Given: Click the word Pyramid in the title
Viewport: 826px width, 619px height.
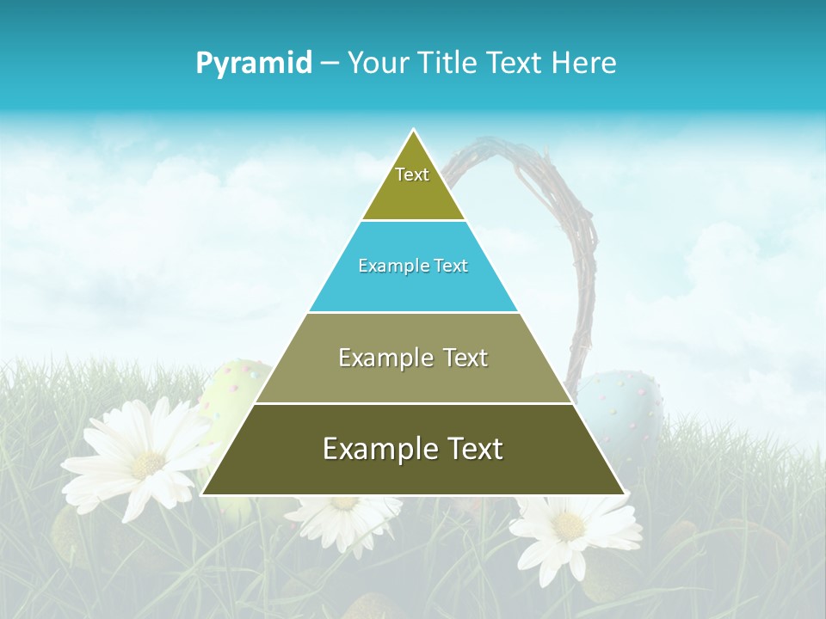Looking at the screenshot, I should click(x=254, y=63).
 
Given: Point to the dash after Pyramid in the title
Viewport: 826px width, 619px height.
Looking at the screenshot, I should click(x=330, y=64).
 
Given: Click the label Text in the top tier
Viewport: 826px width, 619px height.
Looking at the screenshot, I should click(x=412, y=175).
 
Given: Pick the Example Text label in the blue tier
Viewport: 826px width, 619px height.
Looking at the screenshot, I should click(x=413, y=266).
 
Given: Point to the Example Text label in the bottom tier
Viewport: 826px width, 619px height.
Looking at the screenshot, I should click(x=413, y=449).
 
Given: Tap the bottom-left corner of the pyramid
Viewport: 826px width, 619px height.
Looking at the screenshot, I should click(x=202, y=494).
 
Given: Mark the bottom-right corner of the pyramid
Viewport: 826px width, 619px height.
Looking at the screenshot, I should click(x=625, y=494).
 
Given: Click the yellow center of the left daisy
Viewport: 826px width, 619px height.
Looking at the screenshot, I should click(x=148, y=464).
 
